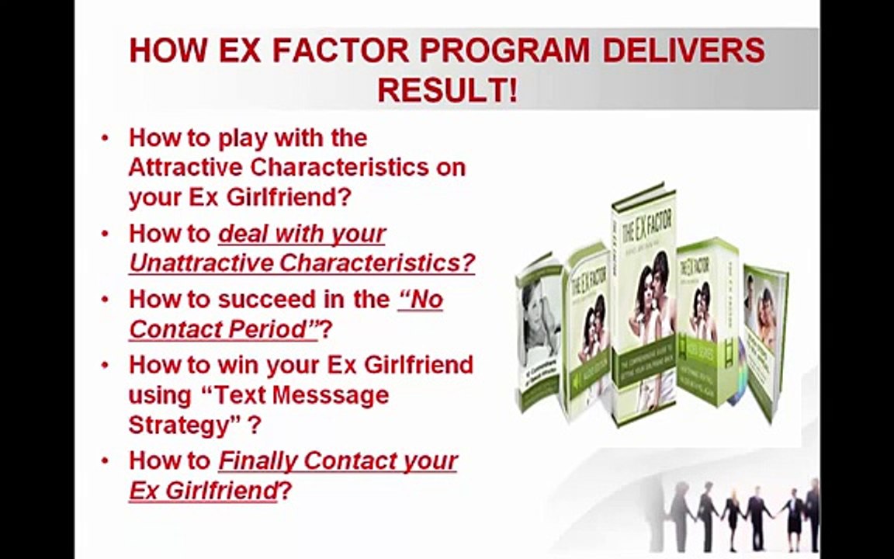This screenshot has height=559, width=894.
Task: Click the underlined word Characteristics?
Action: coord(377,263)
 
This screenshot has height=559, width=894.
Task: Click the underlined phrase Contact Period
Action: coord(223,329)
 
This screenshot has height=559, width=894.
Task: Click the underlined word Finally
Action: coord(257,460)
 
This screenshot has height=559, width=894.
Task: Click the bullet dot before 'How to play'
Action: coord(106,138)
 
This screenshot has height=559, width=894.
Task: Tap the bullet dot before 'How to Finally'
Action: coord(106,461)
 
